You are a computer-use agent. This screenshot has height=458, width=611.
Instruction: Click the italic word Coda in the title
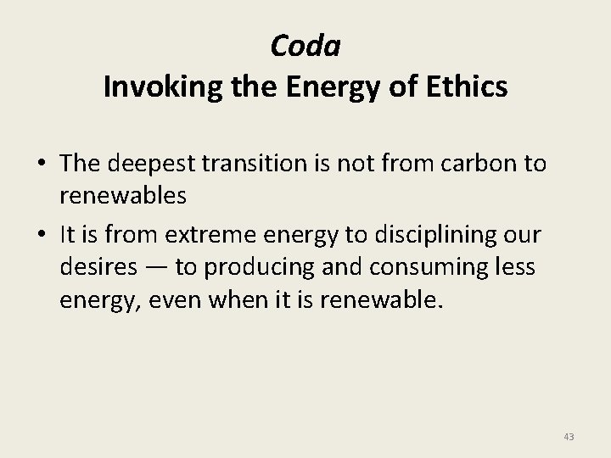pos(305,46)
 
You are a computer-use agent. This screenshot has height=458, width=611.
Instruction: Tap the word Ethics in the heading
pos(468,88)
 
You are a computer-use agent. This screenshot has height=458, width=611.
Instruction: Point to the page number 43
pos(569,437)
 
